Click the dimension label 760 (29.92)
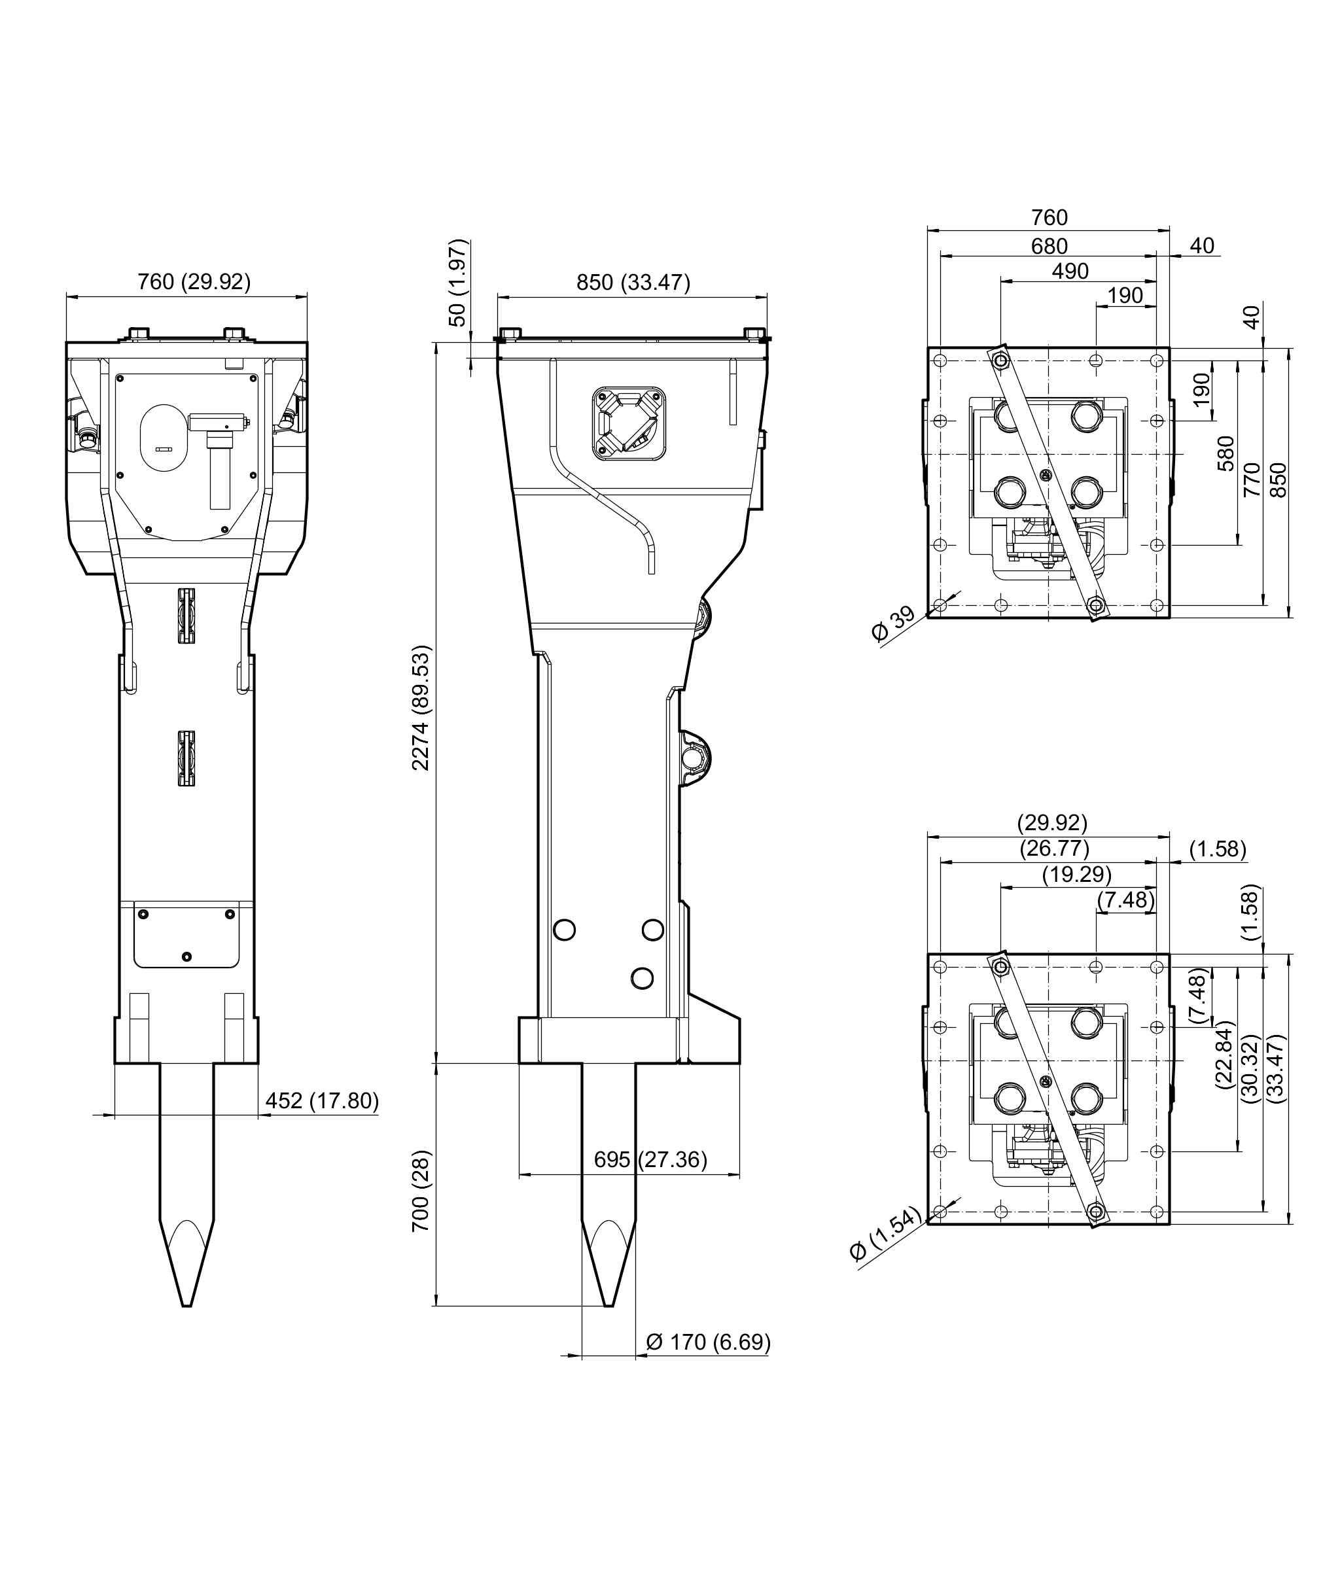(194, 282)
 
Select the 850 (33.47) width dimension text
(633, 283)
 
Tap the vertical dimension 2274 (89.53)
(421, 708)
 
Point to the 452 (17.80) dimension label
(322, 1100)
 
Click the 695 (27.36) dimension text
(650, 1160)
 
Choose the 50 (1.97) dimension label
(458, 283)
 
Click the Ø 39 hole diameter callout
(893, 624)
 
